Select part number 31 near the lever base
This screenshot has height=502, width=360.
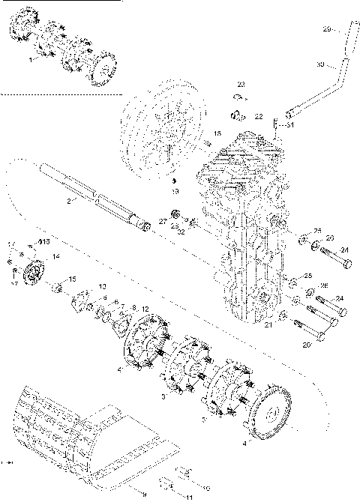point(291,125)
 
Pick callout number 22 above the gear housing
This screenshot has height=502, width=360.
point(258,117)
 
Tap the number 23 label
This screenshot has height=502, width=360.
point(241,84)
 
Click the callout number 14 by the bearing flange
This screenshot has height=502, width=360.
point(55,255)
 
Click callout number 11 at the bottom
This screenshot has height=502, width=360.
point(188,497)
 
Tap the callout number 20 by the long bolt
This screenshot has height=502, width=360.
point(305,345)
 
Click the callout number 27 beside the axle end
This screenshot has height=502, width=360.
point(162,222)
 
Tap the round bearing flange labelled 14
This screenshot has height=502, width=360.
point(33,270)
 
